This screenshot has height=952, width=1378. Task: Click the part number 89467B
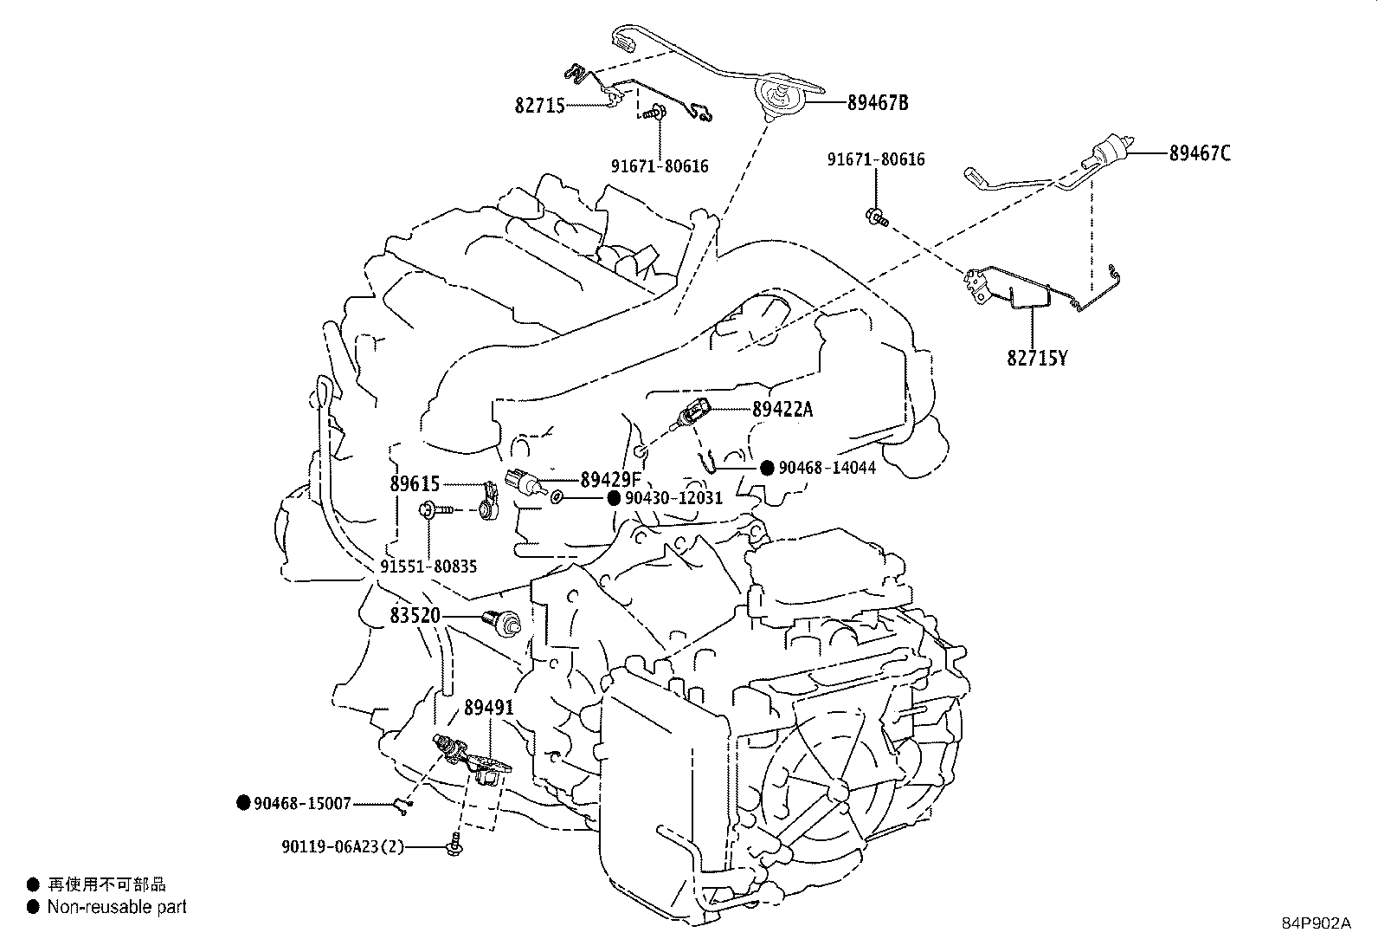pyautogui.click(x=877, y=103)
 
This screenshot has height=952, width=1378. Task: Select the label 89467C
pyautogui.click(x=1200, y=153)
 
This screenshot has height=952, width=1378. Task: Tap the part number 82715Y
pyautogui.click(x=1037, y=357)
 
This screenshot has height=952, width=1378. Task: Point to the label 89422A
pyautogui.click(x=782, y=410)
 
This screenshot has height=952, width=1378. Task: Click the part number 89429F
pyautogui.click(x=610, y=479)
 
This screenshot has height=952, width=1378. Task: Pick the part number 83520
pyautogui.click(x=415, y=616)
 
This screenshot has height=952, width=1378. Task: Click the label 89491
pyautogui.click(x=489, y=708)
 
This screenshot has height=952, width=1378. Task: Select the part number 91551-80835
pyautogui.click(x=428, y=567)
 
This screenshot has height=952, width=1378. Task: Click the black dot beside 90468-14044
pyautogui.click(x=767, y=468)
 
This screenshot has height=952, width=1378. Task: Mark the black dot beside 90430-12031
pyautogui.click(x=614, y=498)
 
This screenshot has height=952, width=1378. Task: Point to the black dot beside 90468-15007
pyautogui.click(x=243, y=803)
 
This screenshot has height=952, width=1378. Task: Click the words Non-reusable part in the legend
pyautogui.click(x=117, y=907)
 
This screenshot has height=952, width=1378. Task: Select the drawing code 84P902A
pyautogui.click(x=1316, y=923)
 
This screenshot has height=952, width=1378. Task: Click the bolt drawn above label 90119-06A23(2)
pyautogui.click(x=453, y=845)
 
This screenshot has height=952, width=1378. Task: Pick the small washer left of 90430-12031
pyautogui.click(x=557, y=497)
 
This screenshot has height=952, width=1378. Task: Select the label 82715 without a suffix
pyautogui.click(x=539, y=106)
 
